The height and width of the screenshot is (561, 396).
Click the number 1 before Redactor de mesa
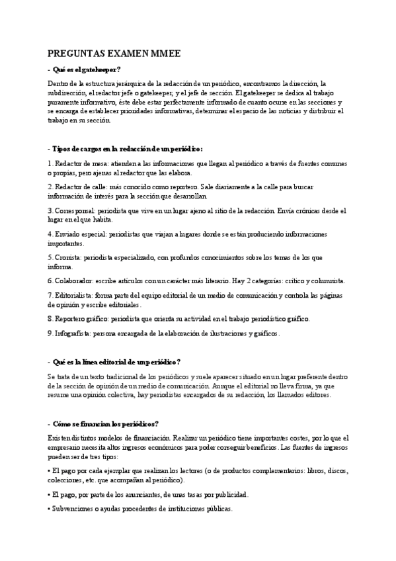coord(50,162)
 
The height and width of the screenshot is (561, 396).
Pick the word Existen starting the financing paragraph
coord(60,437)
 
